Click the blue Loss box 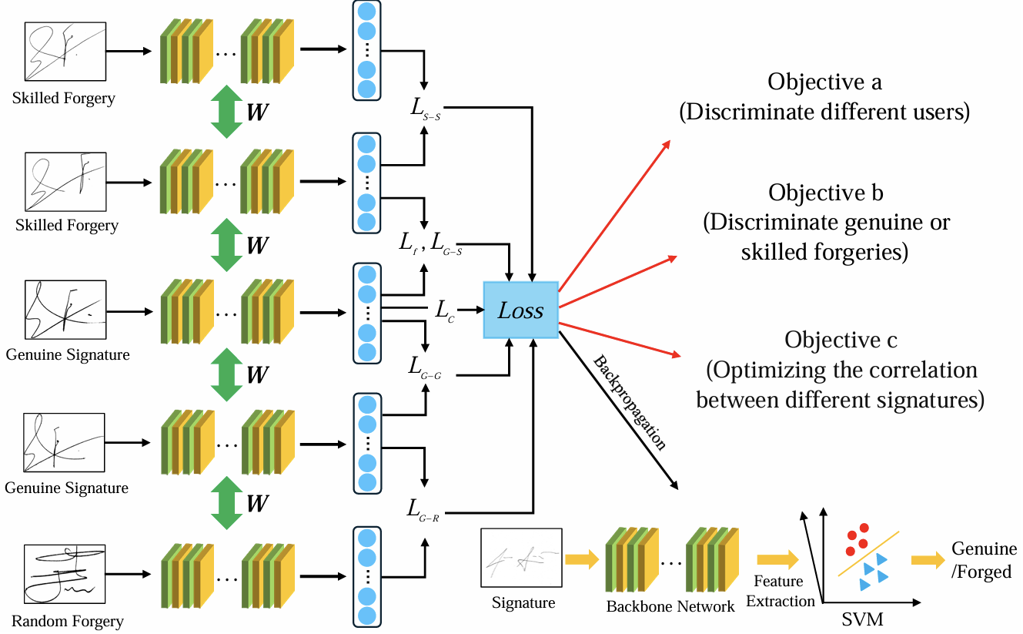(x=520, y=310)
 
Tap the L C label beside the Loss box (x=444, y=310)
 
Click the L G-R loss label (x=424, y=509)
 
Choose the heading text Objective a (x=824, y=82)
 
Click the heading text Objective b (x=825, y=193)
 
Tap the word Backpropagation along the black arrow (x=630, y=401)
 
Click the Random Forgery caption (x=67, y=621)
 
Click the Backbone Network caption (x=670, y=606)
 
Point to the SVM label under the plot (x=861, y=618)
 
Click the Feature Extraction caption (x=780, y=591)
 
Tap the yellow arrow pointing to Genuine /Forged (x=928, y=560)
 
